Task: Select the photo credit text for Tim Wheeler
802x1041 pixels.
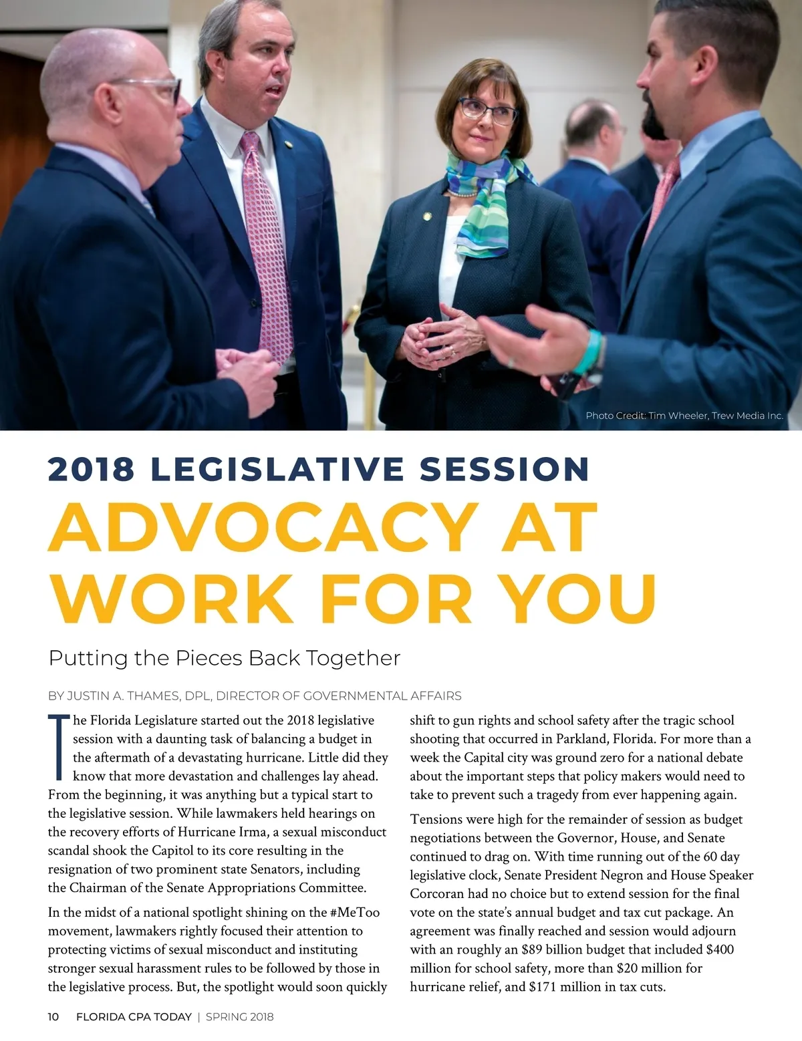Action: coord(684,416)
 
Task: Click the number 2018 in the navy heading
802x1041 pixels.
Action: coord(91,469)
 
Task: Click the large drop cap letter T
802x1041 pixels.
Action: coord(59,747)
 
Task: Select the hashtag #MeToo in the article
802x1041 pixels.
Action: coord(354,912)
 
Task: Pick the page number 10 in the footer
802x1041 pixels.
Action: coord(53,1017)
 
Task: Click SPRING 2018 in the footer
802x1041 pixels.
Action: coord(239,1017)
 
